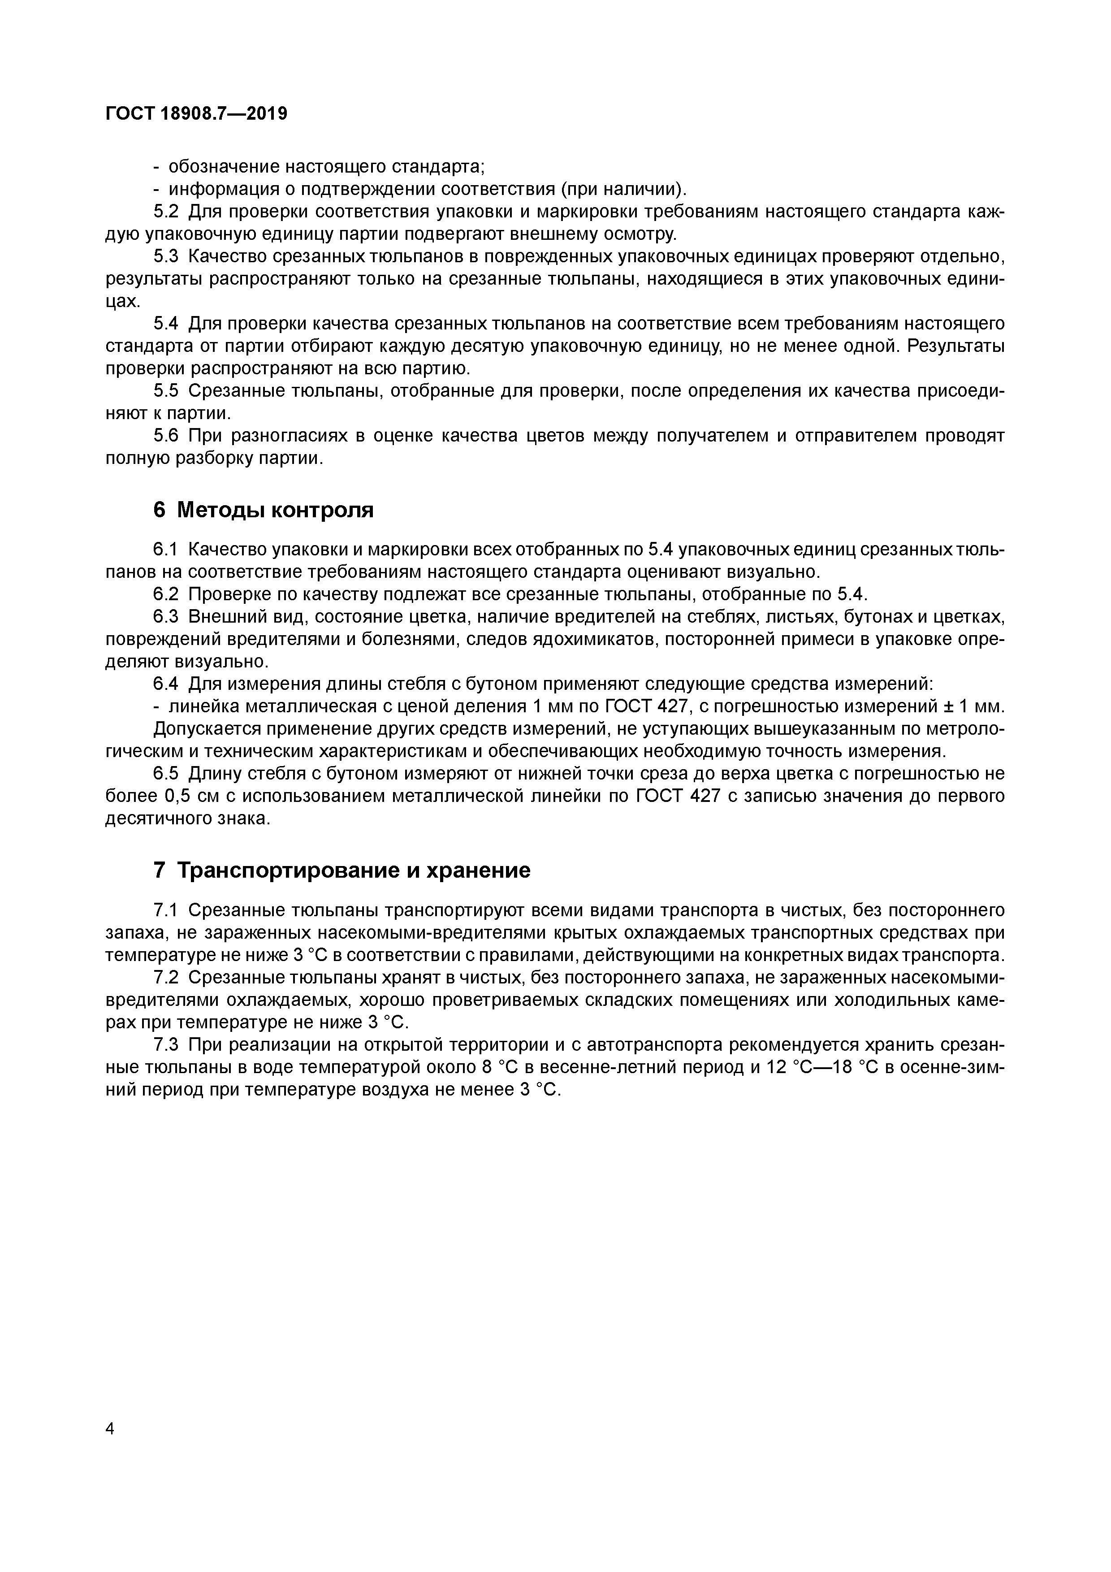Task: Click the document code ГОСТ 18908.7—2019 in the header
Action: point(196,114)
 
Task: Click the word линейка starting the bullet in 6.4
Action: point(207,706)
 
